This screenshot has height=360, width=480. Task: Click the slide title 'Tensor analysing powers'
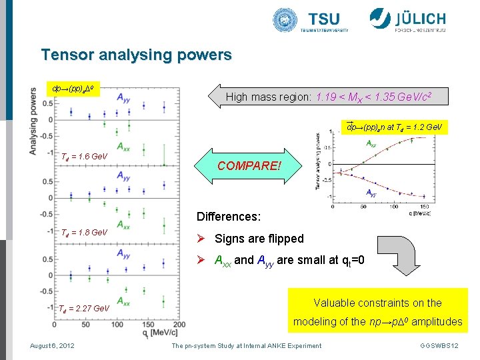pyautogui.click(x=136, y=55)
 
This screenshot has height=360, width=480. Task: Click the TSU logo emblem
pyautogui.click(x=285, y=20)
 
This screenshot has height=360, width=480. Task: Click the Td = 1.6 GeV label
pyautogui.click(x=84, y=157)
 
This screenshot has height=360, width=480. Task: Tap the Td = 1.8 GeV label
pyautogui.click(x=84, y=233)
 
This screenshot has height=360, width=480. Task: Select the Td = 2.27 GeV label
pyautogui.click(x=84, y=309)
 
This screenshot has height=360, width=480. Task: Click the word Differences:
pyautogui.click(x=228, y=217)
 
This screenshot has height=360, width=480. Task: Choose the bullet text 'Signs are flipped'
pyautogui.click(x=259, y=239)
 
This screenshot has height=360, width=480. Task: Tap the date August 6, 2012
pyautogui.click(x=52, y=345)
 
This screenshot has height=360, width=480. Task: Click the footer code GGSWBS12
pyautogui.click(x=439, y=345)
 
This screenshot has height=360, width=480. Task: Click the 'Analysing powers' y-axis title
pyautogui.click(x=33, y=122)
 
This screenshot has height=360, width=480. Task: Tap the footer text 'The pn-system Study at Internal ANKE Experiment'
pyautogui.click(x=246, y=345)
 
